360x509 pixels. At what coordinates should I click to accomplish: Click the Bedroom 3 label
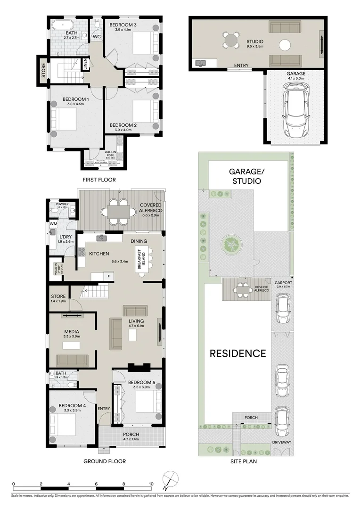click(123, 25)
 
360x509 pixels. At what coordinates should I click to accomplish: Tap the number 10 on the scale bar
click(151, 484)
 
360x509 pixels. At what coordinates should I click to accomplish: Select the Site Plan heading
click(244, 461)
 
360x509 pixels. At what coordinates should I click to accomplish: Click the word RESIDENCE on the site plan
click(238, 353)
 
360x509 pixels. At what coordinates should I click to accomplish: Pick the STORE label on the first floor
click(43, 71)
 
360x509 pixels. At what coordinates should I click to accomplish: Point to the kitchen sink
click(102, 238)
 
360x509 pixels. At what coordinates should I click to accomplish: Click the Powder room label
click(63, 204)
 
